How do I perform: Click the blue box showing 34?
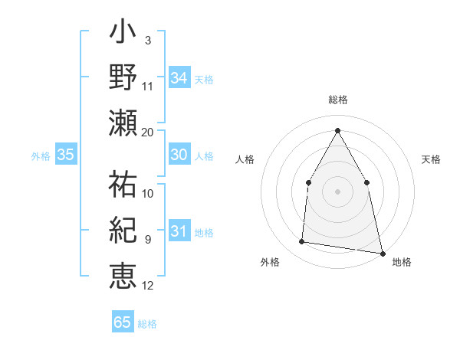179,77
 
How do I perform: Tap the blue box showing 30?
179,155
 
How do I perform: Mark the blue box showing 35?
65,155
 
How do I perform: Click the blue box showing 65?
122,322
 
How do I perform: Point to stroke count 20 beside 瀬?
148,133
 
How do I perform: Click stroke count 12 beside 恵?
148,286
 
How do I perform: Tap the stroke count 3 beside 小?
147,40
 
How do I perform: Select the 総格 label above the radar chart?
337,100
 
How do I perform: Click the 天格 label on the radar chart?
432,159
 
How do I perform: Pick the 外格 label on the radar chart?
270,262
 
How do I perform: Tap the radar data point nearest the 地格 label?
382,252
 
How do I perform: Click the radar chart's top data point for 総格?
337,129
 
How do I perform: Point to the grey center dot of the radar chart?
337,191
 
